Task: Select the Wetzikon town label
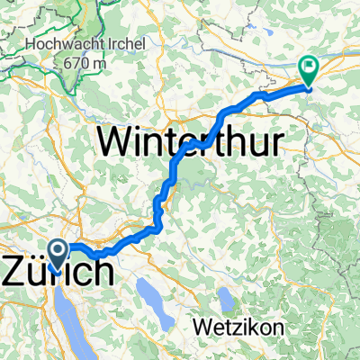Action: (238, 325)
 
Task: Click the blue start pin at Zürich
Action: (57, 255)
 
